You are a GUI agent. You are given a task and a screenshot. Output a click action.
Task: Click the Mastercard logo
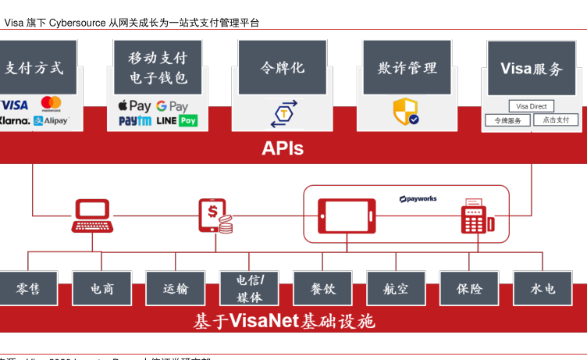click(52, 104)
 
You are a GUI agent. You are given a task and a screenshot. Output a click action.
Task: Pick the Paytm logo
click(135, 121)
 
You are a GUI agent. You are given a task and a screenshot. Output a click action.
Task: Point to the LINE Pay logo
click(176, 121)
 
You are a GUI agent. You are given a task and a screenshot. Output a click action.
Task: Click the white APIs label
click(283, 148)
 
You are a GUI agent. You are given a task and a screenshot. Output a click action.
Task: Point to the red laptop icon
click(92, 216)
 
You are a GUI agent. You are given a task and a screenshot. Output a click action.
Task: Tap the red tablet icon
click(346, 216)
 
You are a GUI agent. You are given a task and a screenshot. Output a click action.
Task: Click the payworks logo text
click(418, 199)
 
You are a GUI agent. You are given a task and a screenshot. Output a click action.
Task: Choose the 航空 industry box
click(396, 288)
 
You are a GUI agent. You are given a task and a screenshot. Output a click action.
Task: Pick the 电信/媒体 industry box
click(249, 288)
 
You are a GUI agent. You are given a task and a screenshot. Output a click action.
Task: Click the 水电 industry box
click(543, 288)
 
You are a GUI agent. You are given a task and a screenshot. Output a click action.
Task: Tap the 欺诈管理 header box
click(407, 68)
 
